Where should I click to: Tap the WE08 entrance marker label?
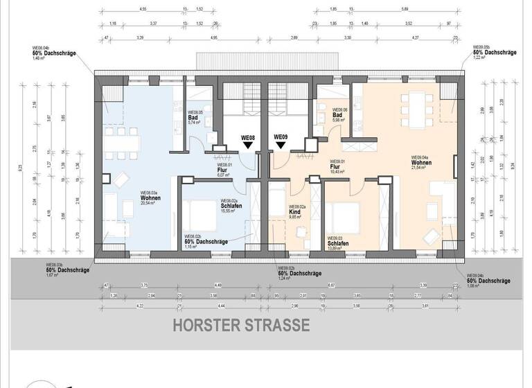pyautogui.click(x=248, y=137)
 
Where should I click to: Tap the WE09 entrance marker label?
pyautogui.click(x=281, y=137)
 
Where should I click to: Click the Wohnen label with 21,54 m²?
pyautogui.click(x=422, y=163)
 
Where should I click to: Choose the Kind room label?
pyautogui.click(x=296, y=211)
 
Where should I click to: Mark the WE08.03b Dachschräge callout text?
pyautogui.click(x=67, y=270)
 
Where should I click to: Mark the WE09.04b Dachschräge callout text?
pyautogui.click(x=488, y=280)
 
